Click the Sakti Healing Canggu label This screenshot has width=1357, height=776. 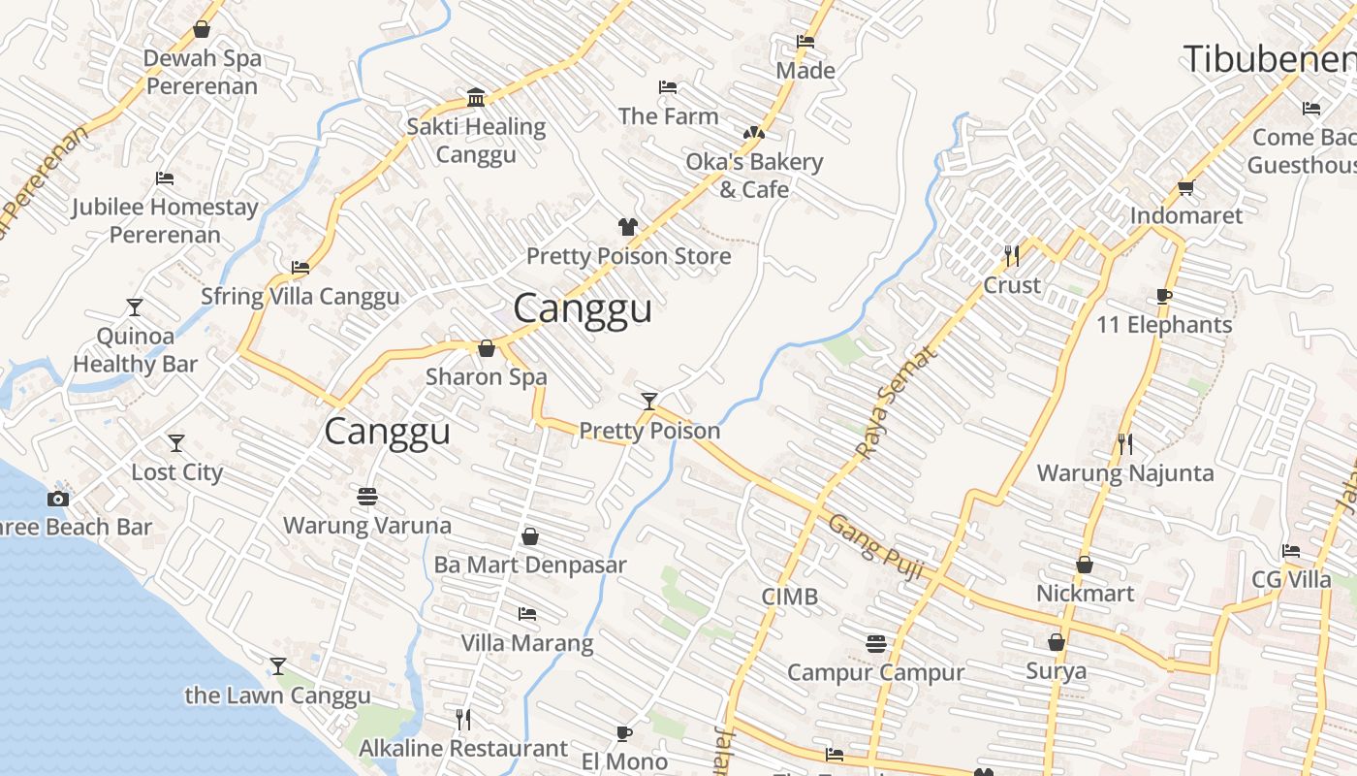click(x=476, y=141)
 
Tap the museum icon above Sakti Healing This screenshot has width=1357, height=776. click(x=476, y=98)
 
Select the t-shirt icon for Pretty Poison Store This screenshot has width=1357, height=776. click(x=628, y=227)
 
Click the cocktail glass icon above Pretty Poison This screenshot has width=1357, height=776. click(x=649, y=401)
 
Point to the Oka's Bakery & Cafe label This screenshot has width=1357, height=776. click(x=754, y=176)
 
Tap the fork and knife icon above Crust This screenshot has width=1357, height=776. click(x=1012, y=255)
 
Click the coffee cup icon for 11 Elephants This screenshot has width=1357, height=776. click(x=1164, y=296)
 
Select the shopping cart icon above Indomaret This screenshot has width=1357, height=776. click(x=1185, y=186)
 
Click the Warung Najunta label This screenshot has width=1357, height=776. click(x=1125, y=473)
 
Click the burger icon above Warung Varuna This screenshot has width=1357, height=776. click(x=366, y=497)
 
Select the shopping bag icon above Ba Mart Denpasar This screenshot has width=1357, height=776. click(x=530, y=535)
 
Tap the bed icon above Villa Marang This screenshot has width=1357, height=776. click(x=527, y=614)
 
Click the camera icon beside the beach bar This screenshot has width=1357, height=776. click(x=58, y=499)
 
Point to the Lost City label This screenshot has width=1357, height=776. click(x=177, y=472)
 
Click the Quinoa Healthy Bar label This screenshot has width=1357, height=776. click(x=135, y=350)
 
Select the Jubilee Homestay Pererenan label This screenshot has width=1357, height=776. click(x=165, y=220)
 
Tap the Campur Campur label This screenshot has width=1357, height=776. click(x=875, y=672)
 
